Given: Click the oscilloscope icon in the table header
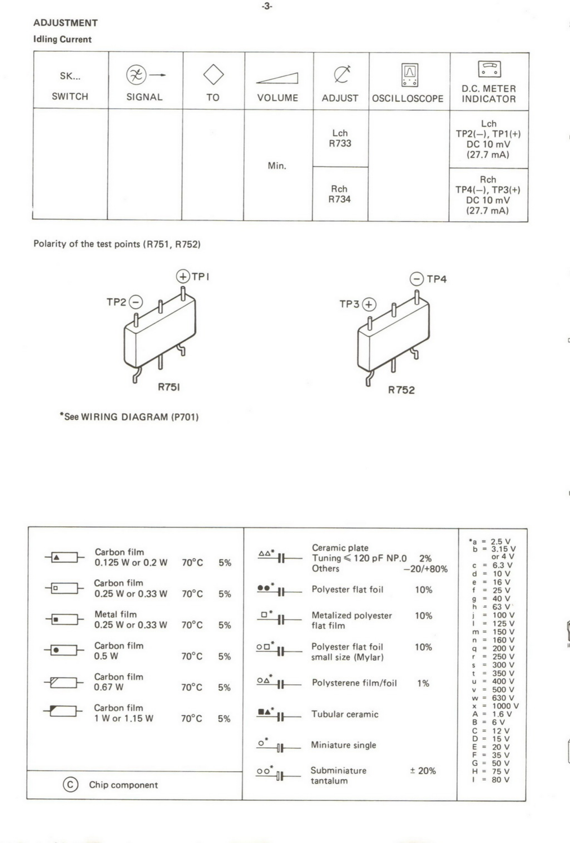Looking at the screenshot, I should point(410,75).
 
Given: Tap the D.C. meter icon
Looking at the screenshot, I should point(489,69).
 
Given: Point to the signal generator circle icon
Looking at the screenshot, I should point(136,75).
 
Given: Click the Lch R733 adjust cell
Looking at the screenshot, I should point(340,138).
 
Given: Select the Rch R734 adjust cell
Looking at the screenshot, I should point(340,194).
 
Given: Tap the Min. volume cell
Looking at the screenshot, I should point(277,166).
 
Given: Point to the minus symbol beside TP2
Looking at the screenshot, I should point(136,302).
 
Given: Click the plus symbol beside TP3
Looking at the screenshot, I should point(369,304).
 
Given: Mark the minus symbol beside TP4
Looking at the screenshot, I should point(417,279).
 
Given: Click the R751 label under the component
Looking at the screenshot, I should point(169,387).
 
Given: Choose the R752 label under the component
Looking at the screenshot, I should point(401,390).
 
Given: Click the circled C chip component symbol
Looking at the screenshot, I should point(70,785).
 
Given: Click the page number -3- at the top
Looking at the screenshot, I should point(267,6).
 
